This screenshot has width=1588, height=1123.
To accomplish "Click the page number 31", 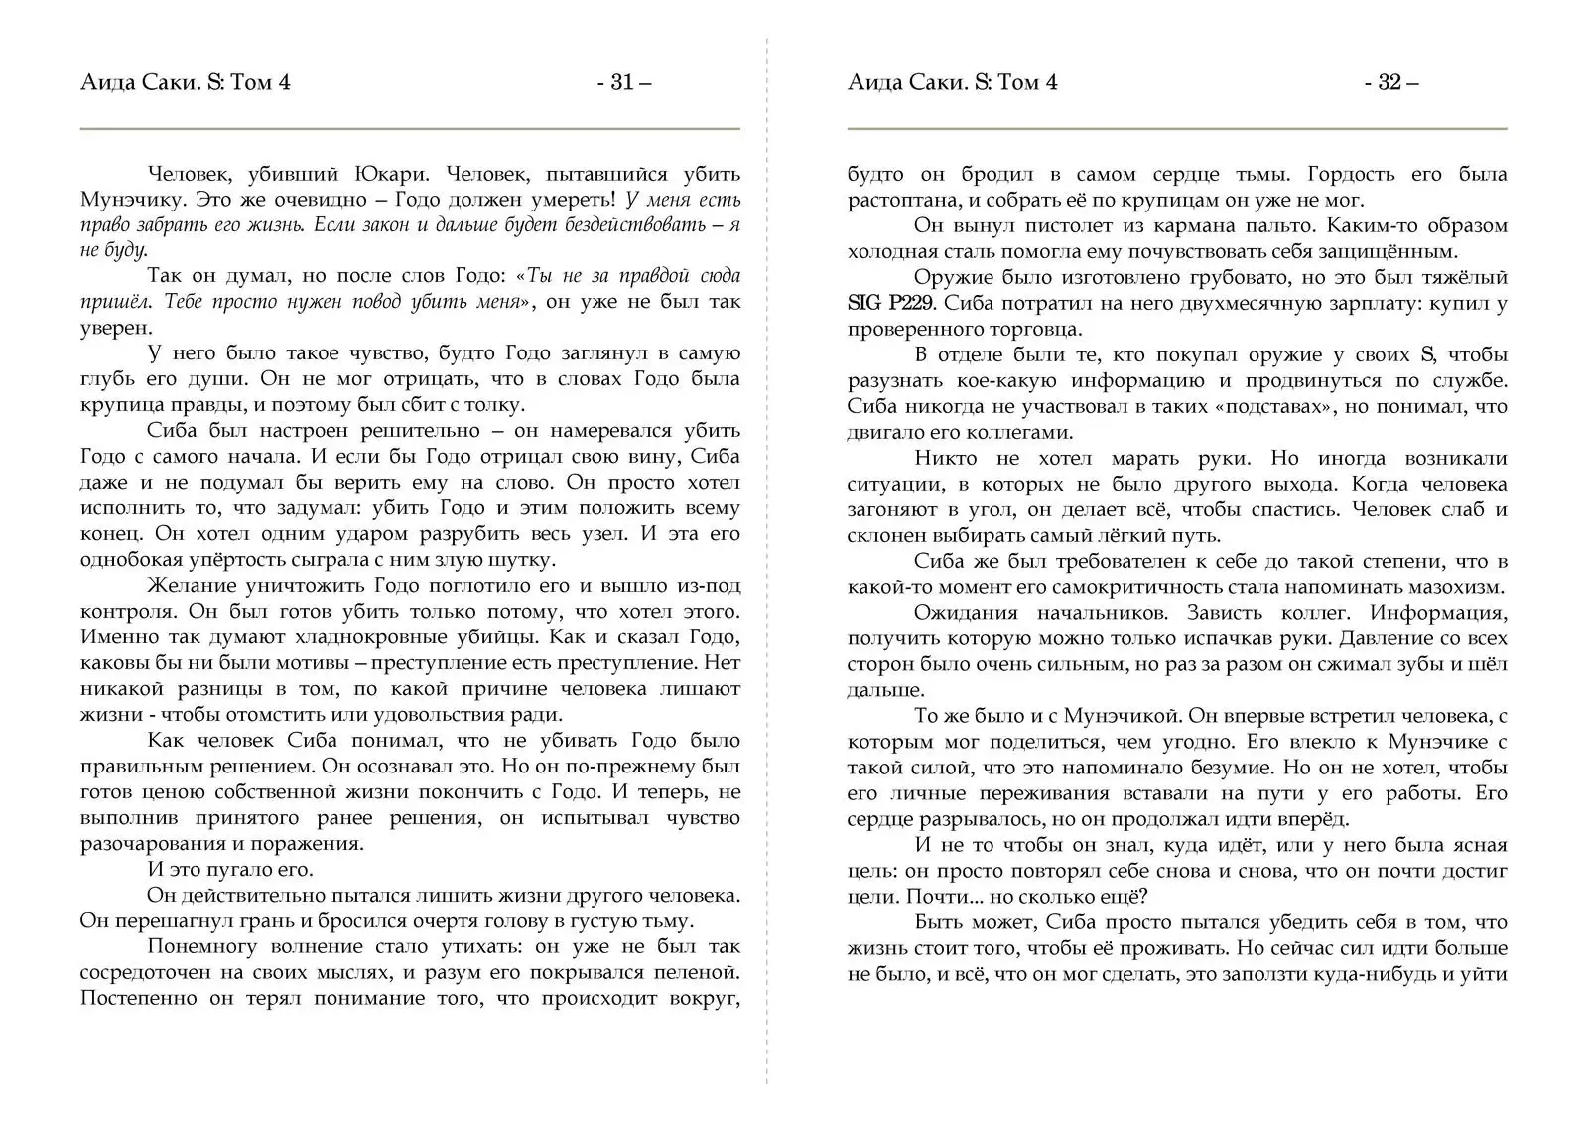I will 623,82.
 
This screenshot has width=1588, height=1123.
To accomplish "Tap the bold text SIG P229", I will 890,304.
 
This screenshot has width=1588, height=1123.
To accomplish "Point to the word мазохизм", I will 1454,588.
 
